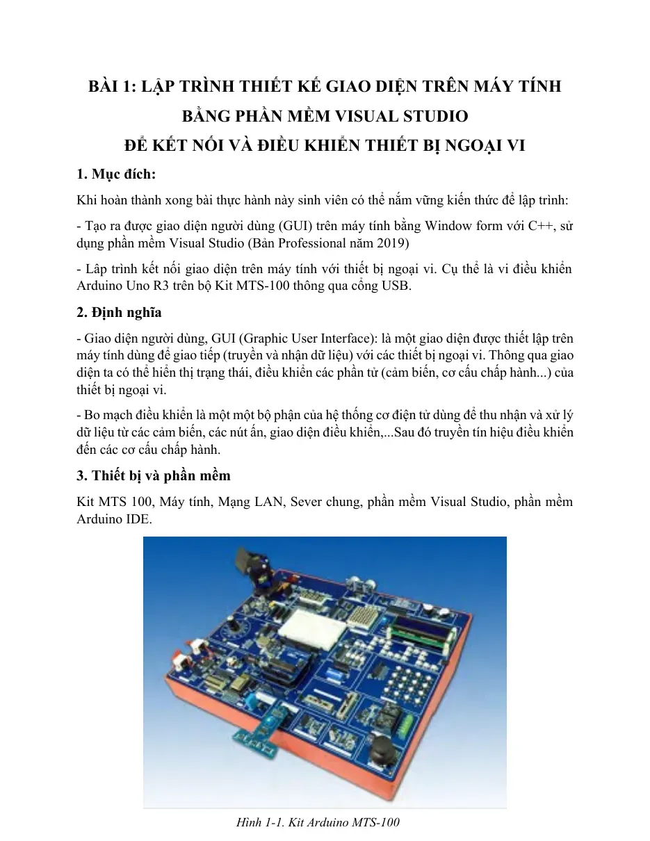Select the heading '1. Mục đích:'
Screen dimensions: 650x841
tap(116, 174)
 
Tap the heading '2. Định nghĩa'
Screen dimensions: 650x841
tap(119, 312)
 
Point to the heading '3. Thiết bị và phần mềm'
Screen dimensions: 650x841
tap(154, 475)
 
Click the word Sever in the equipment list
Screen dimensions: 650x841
tap(306, 502)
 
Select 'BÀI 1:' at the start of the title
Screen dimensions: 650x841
tap(113, 86)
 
